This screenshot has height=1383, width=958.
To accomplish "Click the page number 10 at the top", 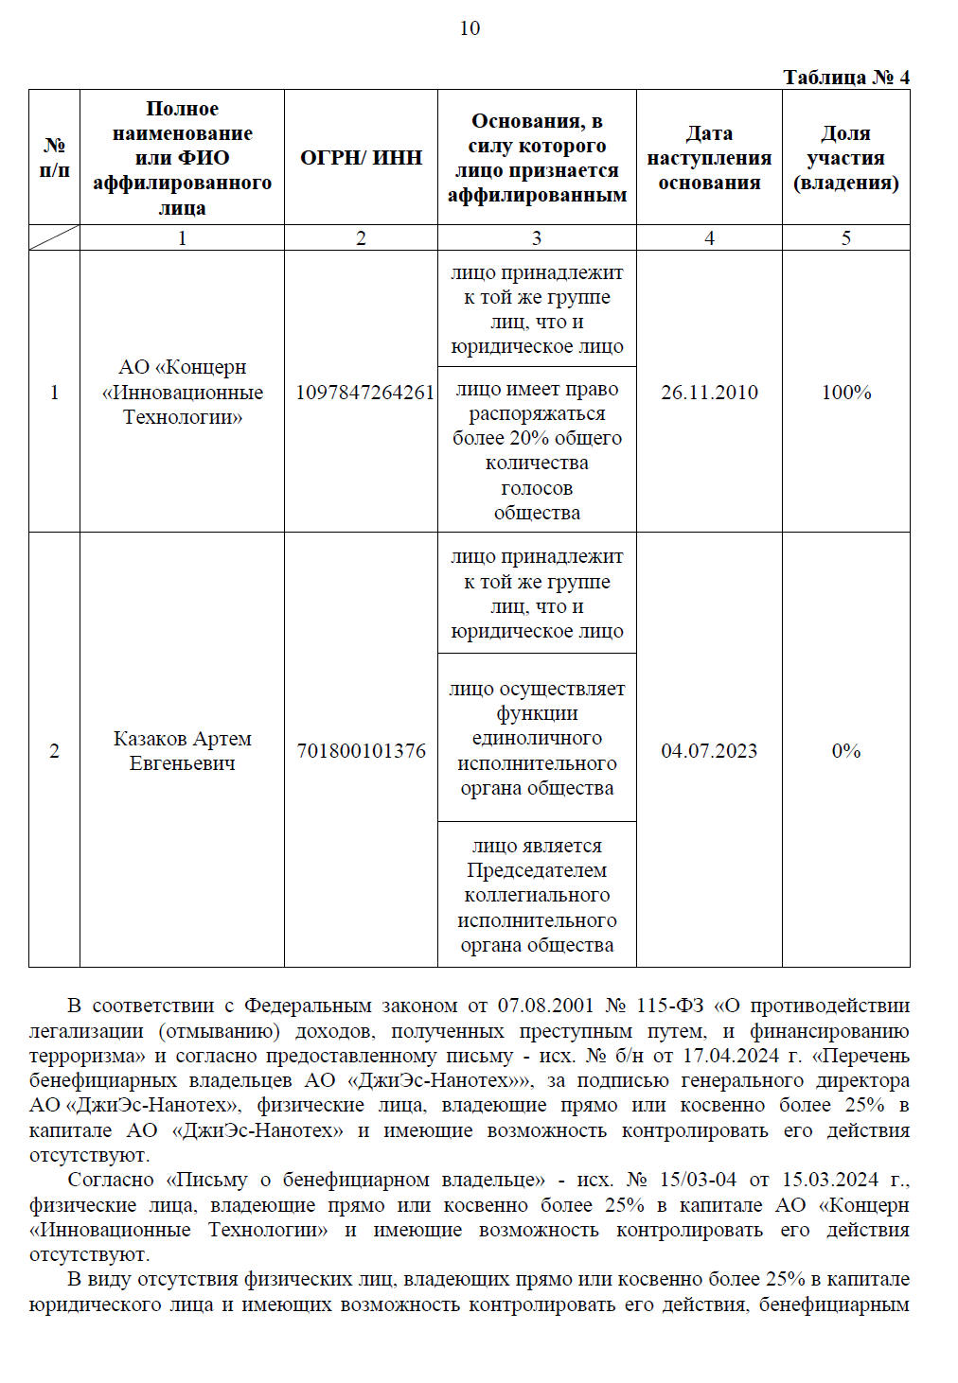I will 470,28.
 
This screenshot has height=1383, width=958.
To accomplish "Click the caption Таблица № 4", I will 845,77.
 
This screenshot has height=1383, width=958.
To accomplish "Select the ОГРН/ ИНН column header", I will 361,157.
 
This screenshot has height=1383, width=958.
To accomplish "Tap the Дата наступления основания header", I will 709,157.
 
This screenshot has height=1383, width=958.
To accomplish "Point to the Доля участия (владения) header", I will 845,157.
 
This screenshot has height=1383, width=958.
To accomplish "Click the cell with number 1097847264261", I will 364,392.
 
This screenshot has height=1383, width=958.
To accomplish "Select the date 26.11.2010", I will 709,392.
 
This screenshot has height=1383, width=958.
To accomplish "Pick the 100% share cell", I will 845,392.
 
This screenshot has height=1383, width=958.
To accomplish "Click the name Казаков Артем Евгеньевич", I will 182,750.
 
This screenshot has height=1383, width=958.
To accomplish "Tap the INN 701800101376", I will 361,750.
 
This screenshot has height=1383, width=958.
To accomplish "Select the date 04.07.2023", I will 709,750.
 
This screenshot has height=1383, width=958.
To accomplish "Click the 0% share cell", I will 845,750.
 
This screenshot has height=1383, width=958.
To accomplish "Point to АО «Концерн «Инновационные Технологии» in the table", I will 182,392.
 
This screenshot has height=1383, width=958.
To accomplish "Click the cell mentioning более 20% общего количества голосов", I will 537,450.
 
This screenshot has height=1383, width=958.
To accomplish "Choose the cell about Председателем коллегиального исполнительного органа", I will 537,895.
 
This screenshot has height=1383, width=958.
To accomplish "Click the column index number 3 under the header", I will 537,238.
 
